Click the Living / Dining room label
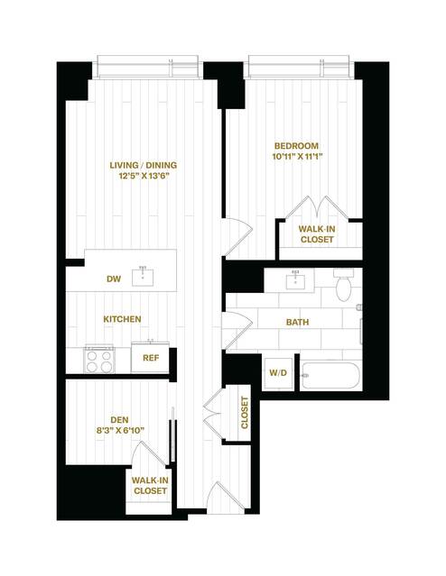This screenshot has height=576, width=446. [x=144, y=165]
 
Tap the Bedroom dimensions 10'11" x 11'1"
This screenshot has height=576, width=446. [x=297, y=157]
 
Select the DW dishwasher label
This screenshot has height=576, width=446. [x=114, y=279]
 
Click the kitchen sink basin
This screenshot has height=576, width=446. [x=143, y=278]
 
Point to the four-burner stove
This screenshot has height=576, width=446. [x=99, y=361]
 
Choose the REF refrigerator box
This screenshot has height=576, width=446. [x=150, y=358]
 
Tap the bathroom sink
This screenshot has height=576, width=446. [x=295, y=280]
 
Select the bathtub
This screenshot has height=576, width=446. [x=329, y=376]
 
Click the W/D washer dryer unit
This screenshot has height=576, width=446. [x=279, y=373]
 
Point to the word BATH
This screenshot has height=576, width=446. [x=297, y=322]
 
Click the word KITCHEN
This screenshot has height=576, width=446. [x=122, y=319]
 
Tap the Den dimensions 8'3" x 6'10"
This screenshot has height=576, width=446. [x=120, y=431]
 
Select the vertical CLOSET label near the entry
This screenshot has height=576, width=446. [x=245, y=413]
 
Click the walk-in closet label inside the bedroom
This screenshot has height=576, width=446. [x=317, y=234]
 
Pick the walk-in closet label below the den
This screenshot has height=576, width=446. [x=150, y=485]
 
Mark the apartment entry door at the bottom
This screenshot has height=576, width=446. [x=225, y=497]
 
